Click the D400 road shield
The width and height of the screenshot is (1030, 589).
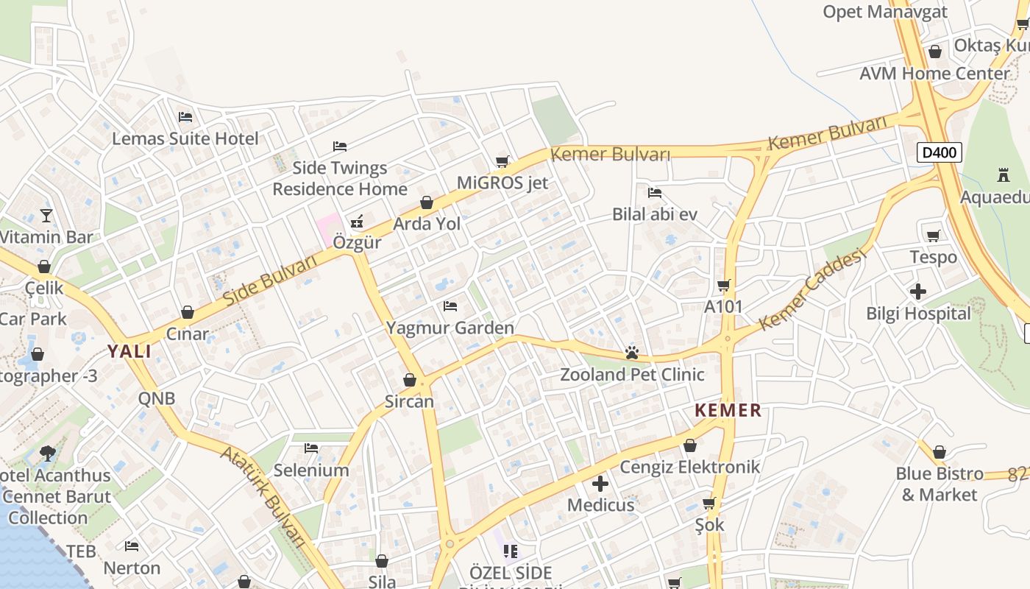940,153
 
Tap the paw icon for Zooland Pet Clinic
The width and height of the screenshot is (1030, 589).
631,353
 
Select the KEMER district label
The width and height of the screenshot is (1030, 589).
728,410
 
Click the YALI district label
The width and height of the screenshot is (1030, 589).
129,351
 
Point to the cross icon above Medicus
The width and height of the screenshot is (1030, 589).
600,484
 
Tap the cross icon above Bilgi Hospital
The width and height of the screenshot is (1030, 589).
918,292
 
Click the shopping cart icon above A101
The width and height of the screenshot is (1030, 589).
724,285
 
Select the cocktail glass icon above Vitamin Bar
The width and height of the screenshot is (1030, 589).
46,216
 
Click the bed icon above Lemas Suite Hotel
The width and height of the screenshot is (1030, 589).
185,117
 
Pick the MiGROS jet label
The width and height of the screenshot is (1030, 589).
502,183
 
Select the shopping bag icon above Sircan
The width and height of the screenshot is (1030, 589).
410,380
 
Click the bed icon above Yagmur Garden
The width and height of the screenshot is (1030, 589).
450,306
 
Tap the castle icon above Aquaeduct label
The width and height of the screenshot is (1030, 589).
1003,175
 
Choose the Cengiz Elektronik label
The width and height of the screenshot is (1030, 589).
689,467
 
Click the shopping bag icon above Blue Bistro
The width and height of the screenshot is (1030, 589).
940,452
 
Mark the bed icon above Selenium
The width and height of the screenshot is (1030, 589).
311,448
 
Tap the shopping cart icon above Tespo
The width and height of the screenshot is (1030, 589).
934,236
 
